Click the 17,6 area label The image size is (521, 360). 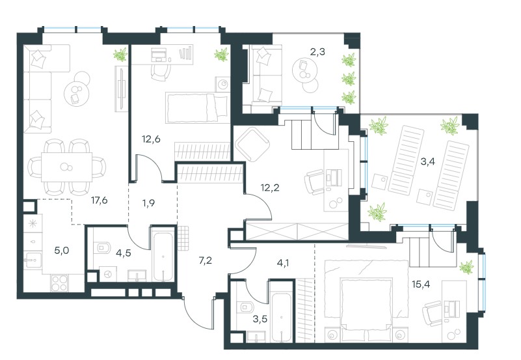99,201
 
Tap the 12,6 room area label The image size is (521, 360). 151,139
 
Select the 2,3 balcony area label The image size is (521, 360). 317,52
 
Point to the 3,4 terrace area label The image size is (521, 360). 427,162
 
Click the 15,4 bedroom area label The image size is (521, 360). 421,284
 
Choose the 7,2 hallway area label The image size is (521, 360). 205,260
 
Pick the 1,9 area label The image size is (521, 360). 148,202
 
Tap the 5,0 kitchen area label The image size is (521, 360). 62,250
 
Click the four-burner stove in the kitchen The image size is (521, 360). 59,283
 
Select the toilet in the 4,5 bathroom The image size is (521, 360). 105,247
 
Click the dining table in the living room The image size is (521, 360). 66,167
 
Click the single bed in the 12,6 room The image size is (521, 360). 196,107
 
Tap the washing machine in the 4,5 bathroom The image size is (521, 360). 108,273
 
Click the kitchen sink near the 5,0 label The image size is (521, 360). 33,260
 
